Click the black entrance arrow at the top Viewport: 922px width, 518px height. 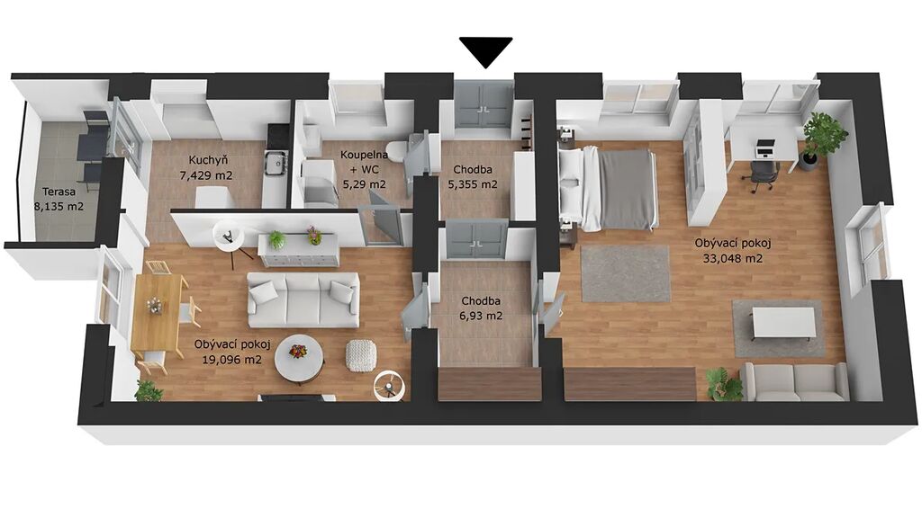[485, 51]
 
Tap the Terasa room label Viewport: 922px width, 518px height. [59, 192]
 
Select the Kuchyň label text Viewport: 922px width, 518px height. [208, 160]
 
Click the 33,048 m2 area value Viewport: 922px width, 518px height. [733, 257]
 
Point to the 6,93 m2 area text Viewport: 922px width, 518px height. [482, 316]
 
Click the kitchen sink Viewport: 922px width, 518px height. [276, 163]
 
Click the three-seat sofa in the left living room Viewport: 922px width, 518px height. [303, 299]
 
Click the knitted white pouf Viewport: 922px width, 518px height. [360, 355]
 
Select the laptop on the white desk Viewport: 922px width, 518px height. [764, 149]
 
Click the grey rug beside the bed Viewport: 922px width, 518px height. [626, 273]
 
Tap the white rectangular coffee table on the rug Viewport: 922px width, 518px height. [783, 324]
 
